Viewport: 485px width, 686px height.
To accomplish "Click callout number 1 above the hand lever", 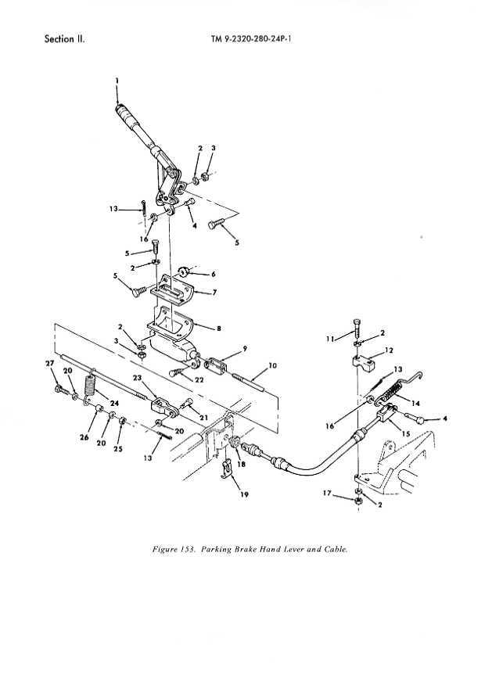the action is tap(117, 81).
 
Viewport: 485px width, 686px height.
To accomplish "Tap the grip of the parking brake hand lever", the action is tap(126, 115).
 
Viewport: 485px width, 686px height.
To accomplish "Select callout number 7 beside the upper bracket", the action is tap(214, 293).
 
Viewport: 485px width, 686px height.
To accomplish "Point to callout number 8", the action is tap(219, 329).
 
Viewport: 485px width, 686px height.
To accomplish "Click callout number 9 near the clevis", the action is tap(245, 349).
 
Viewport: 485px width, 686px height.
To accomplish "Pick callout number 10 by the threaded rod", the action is tap(272, 365).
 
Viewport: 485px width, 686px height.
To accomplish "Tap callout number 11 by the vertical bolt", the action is tap(329, 339).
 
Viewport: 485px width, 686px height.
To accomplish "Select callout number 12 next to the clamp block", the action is tap(390, 350).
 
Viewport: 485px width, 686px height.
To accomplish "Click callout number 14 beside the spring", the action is tap(415, 403).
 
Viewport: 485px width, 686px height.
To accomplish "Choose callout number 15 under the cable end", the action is tap(406, 433).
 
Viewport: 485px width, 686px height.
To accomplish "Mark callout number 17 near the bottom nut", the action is tap(327, 493).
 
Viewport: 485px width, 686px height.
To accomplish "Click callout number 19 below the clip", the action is tap(245, 494).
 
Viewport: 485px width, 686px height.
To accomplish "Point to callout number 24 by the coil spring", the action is tap(114, 403).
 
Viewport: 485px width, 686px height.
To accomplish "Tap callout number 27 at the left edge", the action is tap(50, 363).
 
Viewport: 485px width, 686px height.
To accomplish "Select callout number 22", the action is tap(199, 379).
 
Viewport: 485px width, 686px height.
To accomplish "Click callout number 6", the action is tap(214, 275).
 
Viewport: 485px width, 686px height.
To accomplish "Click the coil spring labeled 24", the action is tap(91, 386).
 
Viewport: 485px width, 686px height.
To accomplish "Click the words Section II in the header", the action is tap(65, 39).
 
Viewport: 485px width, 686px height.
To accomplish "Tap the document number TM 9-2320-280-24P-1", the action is tap(251, 39).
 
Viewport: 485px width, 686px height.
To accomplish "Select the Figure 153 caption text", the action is tap(250, 549).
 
